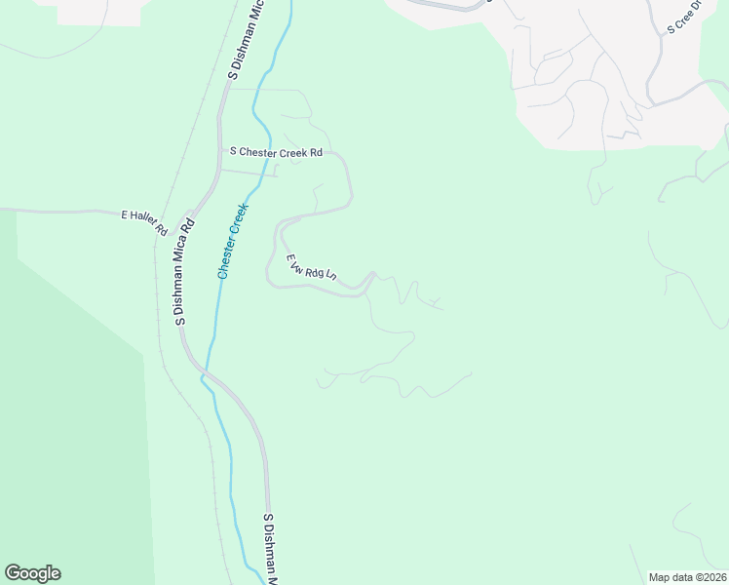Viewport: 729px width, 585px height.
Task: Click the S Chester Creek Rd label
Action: tap(276, 152)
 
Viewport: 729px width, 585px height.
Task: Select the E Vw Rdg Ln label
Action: tap(311, 268)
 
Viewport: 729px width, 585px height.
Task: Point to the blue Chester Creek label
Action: tap(234, 241)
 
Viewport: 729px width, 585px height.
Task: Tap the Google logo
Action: tap(32, 573)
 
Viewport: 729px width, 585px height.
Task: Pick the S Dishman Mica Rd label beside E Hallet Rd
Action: tap(184, 271)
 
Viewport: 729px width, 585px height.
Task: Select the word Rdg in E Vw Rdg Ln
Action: tap(314, 270)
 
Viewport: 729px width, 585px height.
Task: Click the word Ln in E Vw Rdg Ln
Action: tap(330, 276)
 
